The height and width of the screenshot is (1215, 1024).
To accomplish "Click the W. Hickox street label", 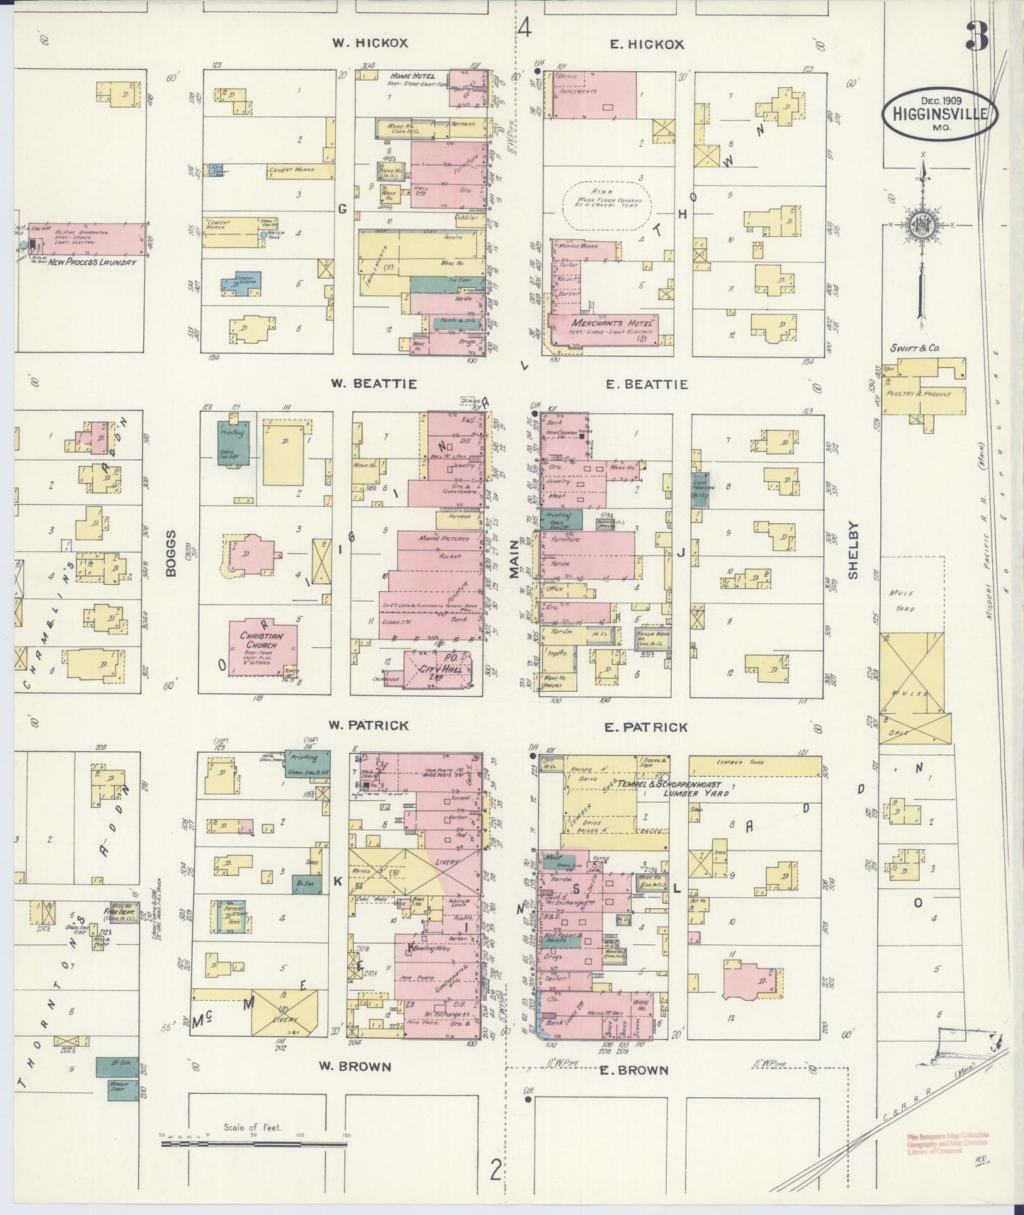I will click(x=370, y=43).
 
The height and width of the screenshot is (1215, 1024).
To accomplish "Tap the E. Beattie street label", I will click(x=646, y=384).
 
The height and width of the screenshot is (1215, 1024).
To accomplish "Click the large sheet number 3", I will click(x=977, y=37).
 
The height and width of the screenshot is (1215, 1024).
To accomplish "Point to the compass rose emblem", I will click(x=924, y=225).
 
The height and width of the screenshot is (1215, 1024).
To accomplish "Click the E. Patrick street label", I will click(x=646, y=727).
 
